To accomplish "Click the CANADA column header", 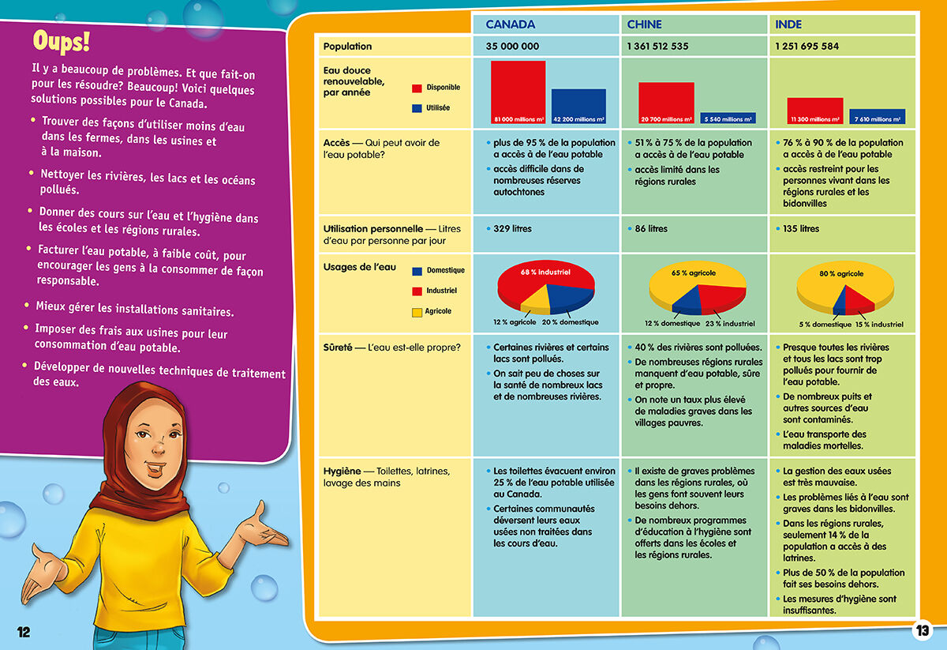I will coord(510,24).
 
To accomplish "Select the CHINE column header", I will coord(644,24).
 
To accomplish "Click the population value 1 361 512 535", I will coord(657,47).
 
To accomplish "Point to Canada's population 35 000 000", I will coord(512,47).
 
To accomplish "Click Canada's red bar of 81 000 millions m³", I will coord(518,92).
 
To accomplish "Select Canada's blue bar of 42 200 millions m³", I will coord(578,106).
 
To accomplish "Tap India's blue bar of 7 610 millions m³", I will coord(877,116).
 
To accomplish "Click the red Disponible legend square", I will coord(417,88).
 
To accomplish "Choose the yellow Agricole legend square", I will coord(417,313).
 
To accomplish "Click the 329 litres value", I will coord(512,229).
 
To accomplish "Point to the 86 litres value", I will coord(651,229).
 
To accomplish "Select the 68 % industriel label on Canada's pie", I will coord(545,272).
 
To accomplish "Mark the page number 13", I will coord(923,630).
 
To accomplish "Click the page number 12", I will coord(24,631).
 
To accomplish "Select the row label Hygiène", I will coord(342,472).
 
